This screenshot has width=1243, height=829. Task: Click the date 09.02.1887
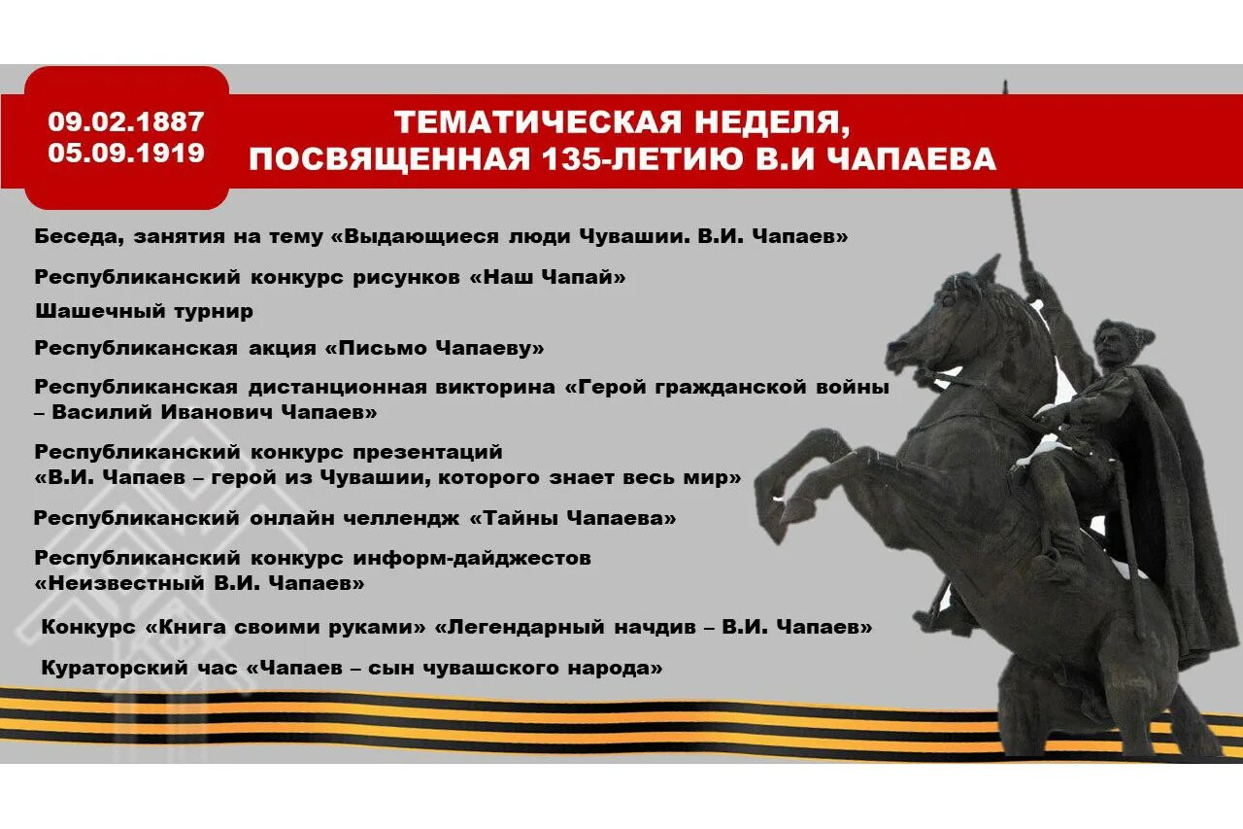pos(126,122)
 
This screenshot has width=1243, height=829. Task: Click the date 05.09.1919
pos(126,153)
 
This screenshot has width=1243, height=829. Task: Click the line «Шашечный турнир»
pos(144,311)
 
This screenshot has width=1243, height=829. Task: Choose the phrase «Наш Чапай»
pos(548,277)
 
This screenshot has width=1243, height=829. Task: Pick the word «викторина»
pos(493,387)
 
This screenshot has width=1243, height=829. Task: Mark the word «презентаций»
pos(427,452)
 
